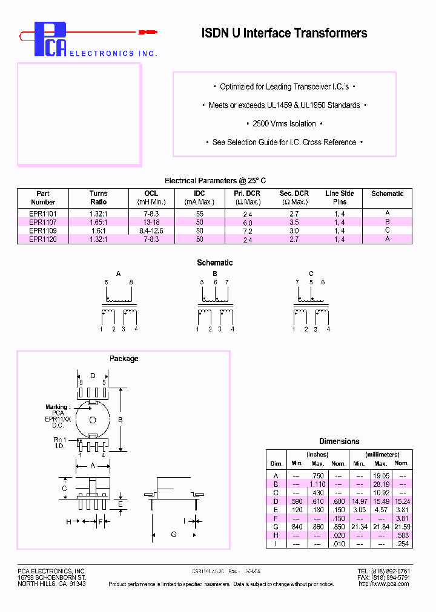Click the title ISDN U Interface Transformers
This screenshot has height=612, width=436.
[x=284, y=33]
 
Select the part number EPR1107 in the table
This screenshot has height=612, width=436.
[x=42, y=222]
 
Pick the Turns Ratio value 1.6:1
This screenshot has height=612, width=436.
[x=99, y=230]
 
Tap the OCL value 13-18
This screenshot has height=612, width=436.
[x=151, y=222]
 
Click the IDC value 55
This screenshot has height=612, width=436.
[x=200, y=213]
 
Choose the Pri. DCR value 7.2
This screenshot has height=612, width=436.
[x=247, y=231]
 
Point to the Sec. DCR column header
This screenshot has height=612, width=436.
[x=294, y=197]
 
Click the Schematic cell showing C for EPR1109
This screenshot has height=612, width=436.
[x=388, y=230]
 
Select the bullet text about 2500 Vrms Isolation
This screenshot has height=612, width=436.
[x=284, y=124]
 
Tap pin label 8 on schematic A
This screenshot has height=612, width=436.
[x=130, y=282]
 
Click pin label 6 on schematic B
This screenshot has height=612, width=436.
[x=214, y=282]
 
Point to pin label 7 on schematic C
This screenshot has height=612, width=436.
[x=297, y=282]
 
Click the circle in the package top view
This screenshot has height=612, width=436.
[x=93, y=420]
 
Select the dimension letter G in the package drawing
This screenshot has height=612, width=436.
[x=174, y=534]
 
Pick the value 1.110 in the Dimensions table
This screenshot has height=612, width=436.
[x=317, y=484]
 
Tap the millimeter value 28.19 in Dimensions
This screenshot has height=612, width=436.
[x=380, y=484]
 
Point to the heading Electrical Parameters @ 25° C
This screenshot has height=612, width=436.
[x=215, y=181]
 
